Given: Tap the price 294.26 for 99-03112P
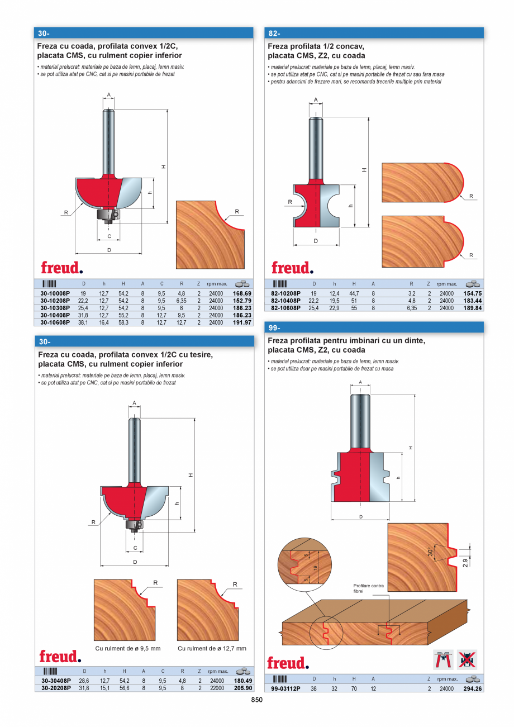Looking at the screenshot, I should (472, 689).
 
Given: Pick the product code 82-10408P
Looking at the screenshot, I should (285, 301).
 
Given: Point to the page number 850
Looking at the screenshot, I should (256, 700).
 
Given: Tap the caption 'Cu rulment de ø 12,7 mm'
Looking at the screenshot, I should (212, 648).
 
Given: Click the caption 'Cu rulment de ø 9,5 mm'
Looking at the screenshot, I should (128, 648).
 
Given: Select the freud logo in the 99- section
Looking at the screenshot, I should (288, 663).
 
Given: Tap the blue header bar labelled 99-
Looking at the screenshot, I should (374, 327).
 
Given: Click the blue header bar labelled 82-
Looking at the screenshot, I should (374, 33).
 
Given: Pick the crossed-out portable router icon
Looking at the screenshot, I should (467, 660).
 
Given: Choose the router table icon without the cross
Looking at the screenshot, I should (444, 660).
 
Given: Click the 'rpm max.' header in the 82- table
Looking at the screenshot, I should (447, 284).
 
